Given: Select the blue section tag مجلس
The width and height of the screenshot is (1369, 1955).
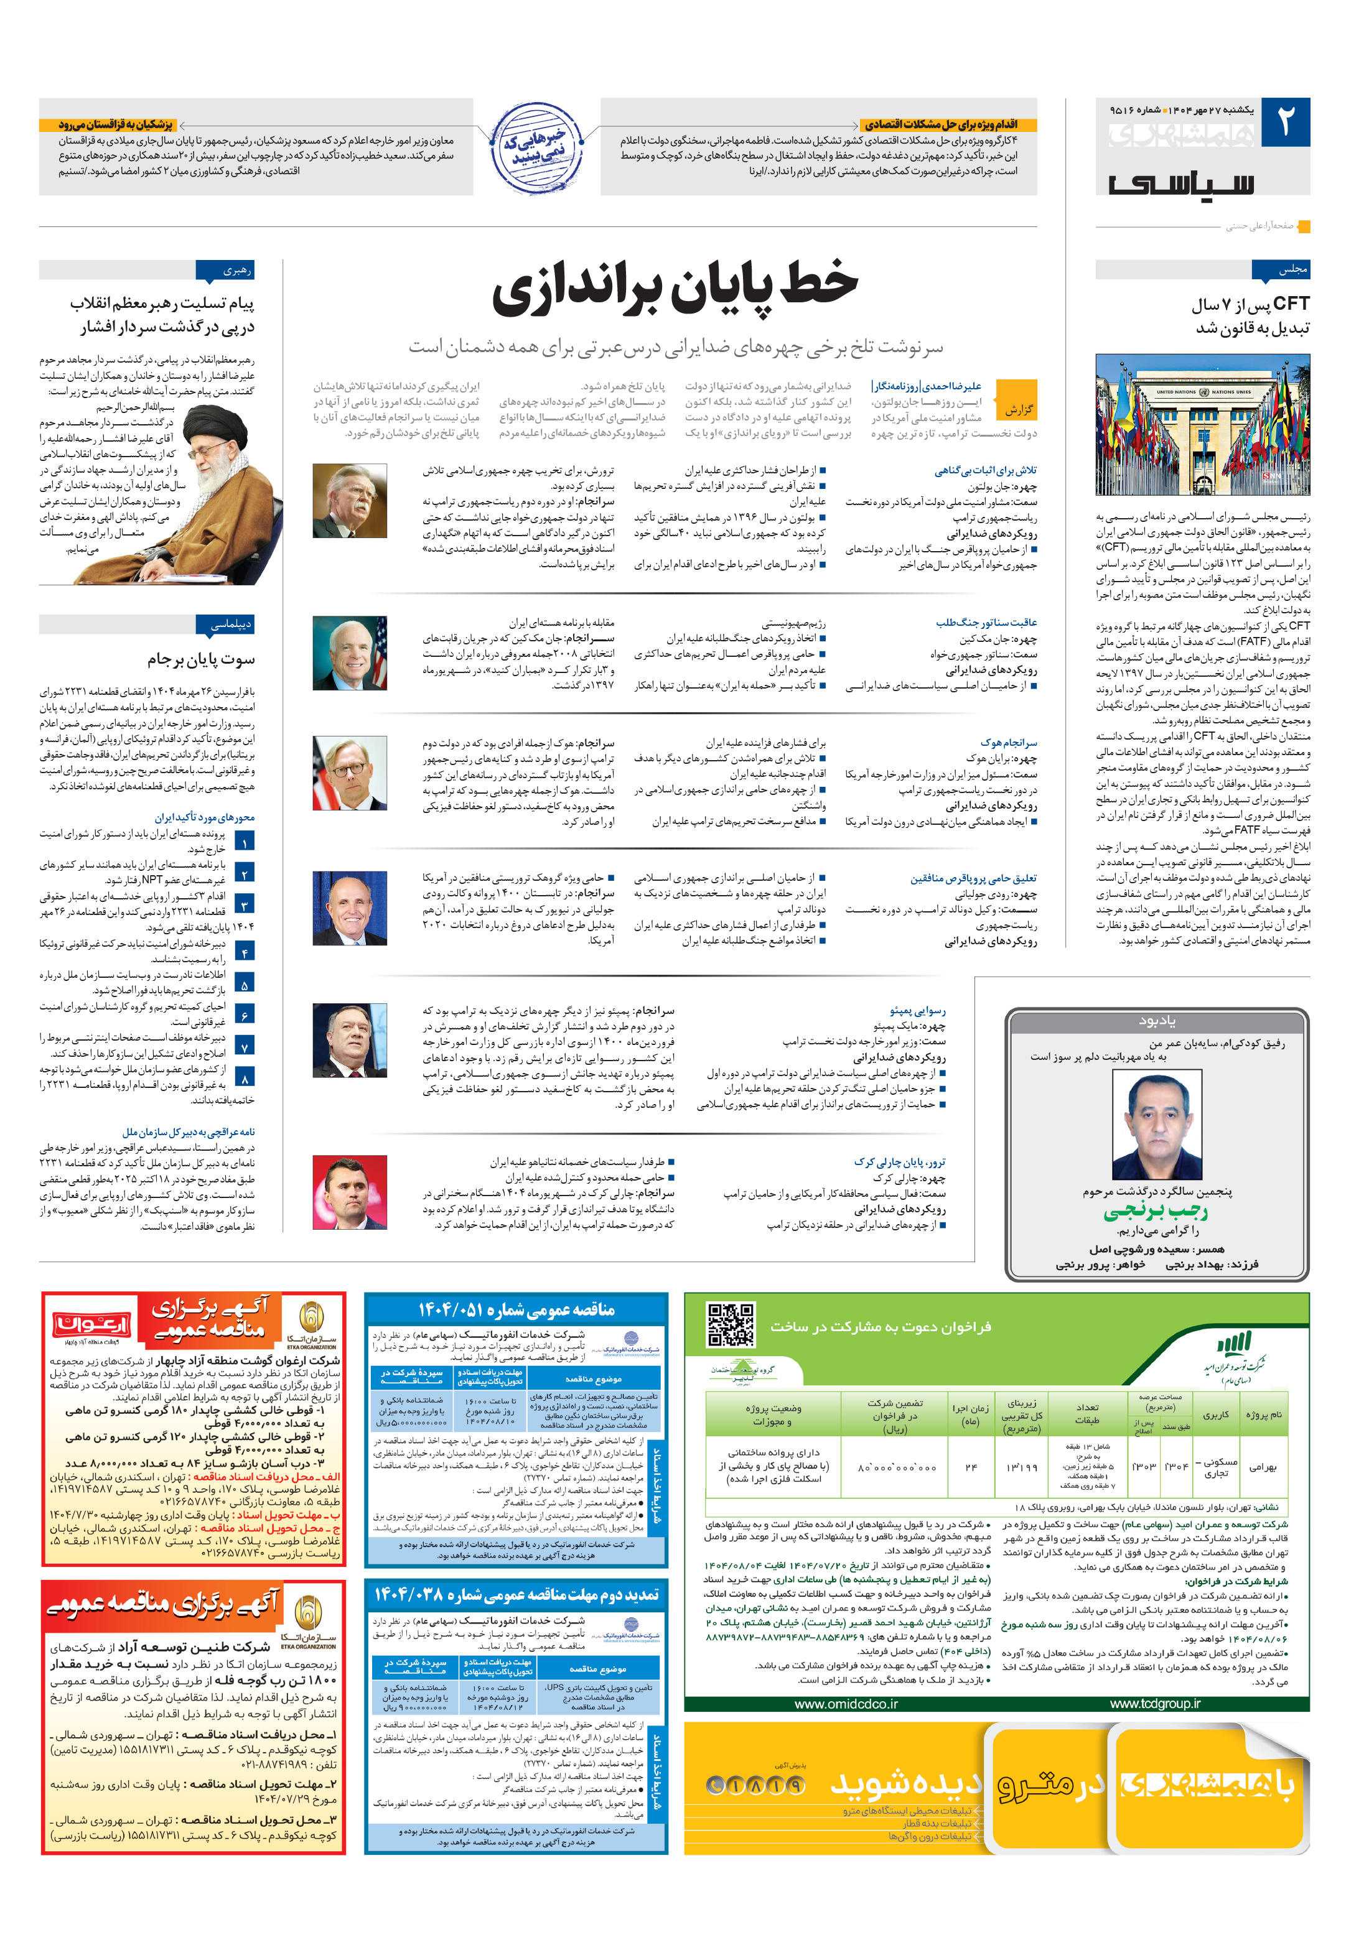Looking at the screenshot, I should click(1281, 270).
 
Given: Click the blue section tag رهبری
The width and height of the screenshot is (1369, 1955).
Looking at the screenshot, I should click(225, 271).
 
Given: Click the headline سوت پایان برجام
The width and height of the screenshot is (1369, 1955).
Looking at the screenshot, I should click(201, 659).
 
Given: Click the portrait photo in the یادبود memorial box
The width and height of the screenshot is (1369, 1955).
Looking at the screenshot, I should click(1157, 1123).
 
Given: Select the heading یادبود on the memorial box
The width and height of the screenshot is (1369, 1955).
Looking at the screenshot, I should click(1157, 1020).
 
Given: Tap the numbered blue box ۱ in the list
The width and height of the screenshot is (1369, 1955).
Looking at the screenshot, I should click(245, 842).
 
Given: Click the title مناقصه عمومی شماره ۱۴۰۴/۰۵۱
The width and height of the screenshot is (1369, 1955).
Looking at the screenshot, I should click(516, 1309).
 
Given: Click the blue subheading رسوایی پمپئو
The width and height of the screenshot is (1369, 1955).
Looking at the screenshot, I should click(917, 1011).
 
